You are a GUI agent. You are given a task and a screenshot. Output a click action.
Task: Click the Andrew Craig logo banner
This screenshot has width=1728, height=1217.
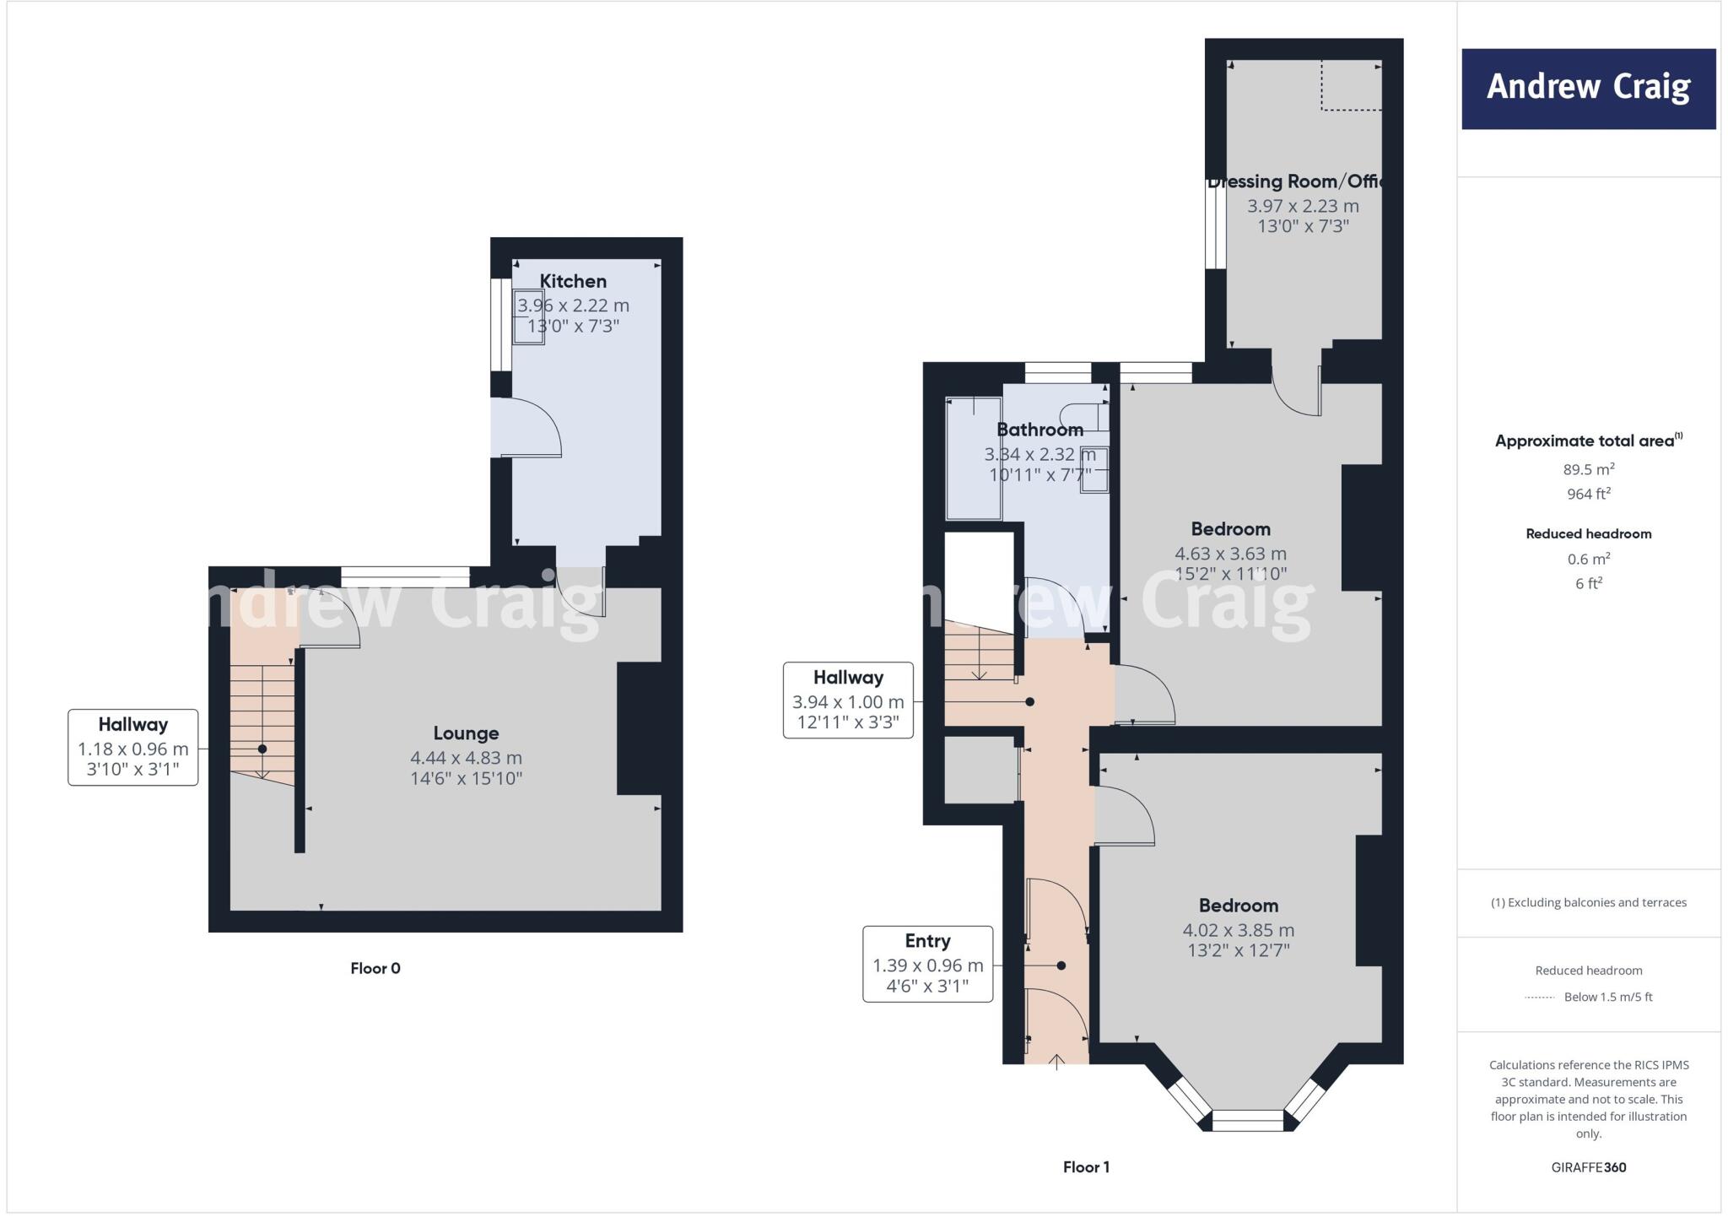[x=1588, y=89]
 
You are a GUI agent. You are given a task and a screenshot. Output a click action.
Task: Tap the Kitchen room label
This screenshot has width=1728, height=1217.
[x=573, y=281]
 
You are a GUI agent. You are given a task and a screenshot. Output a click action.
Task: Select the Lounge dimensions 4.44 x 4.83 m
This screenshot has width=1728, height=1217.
[x=466, y=758]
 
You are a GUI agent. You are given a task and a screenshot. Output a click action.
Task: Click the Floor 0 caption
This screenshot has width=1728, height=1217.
[x=375, y=968]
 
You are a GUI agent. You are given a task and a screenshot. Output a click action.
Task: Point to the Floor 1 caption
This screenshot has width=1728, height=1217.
[x=1086, y=1167]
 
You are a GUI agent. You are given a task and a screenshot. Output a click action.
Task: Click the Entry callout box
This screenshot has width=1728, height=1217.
[x=927, y=964]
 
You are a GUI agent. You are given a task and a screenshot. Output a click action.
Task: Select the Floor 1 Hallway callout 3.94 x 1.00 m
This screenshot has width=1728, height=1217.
[x=848, y=700]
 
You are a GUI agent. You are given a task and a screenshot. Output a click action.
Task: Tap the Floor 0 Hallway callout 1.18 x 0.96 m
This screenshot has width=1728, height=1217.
[x=132, y=748]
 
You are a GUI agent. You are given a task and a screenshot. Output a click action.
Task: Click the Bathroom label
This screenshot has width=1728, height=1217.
[x=1039, y=430]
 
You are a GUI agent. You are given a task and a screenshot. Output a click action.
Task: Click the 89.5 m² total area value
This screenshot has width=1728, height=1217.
[x=1588, y=469]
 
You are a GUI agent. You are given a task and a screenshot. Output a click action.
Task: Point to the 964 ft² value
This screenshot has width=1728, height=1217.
[x=1588, y=494]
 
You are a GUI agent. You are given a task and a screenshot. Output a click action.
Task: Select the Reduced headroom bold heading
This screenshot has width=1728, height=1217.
[x=1588, y=533]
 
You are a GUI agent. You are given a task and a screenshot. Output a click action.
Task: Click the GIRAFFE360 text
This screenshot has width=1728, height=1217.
[x=1588, y=1167]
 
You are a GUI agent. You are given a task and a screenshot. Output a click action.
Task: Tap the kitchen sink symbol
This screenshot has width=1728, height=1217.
[x=529, y=316]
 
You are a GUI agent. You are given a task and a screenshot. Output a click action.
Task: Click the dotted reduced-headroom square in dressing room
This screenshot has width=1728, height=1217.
[x=1351, y=85]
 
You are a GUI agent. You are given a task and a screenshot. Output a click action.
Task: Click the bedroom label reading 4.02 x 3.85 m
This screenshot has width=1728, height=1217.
[x=1238, y=930]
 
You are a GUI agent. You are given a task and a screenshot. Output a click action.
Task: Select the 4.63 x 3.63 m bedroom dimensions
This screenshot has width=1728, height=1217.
[x=1230, y=554]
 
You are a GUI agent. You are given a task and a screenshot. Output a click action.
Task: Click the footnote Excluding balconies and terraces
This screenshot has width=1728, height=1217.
[x=1588, y=902]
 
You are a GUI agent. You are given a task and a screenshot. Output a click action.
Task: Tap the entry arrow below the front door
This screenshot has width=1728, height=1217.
[x=1056, y=1061]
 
